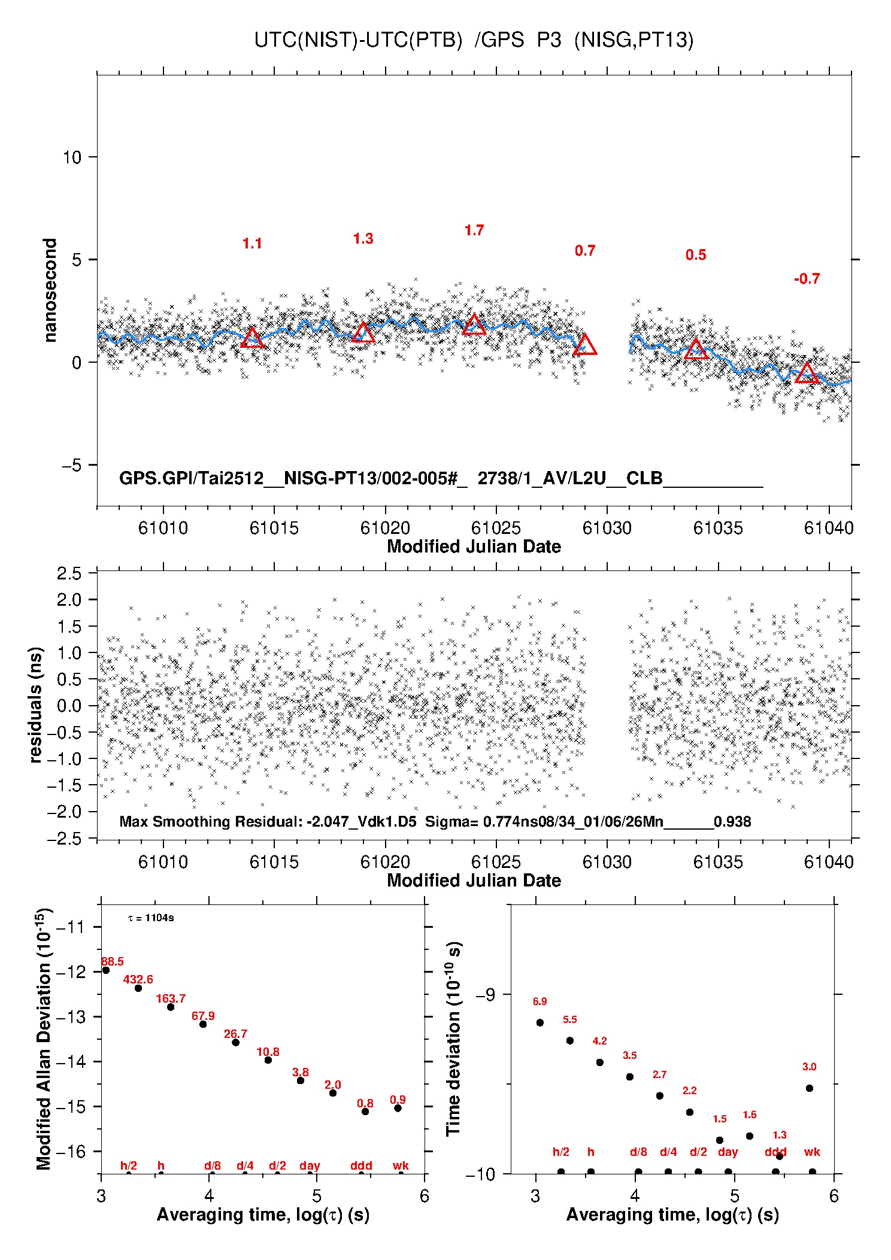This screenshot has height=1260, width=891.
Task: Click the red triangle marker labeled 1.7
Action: [474, 324]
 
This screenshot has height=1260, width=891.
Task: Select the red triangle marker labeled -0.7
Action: [807, 374]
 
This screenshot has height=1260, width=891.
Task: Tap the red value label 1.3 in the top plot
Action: [363, 239]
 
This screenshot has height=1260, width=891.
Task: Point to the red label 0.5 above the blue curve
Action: [696, 255]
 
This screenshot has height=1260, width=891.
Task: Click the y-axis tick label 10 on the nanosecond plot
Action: [72, 157]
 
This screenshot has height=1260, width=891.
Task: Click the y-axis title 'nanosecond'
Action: [50, 290]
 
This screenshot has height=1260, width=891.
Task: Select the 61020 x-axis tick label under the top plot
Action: [385, 528]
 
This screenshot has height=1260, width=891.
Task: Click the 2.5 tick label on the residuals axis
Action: [69, 573]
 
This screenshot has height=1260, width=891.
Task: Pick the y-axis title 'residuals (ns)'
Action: [36, 705]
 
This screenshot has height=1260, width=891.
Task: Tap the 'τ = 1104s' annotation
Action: [151, 918]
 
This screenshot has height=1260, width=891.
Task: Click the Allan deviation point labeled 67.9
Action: [203, 1024]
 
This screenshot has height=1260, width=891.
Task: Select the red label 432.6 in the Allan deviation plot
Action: [138, 979]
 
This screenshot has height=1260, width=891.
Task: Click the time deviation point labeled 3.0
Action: [810, 1088]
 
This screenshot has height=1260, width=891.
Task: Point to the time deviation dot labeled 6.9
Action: [540, 1022]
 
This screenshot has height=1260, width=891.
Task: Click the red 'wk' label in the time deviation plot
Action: [812, 1152]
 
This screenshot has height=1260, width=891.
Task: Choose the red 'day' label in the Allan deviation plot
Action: [310, 1165]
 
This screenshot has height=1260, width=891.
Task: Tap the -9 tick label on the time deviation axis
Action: [486, 995]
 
